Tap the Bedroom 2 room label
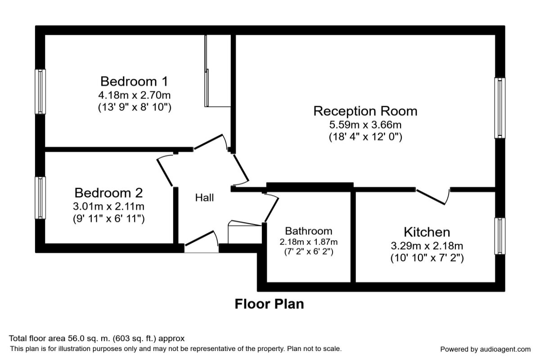(x=108, y=193)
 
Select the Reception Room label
(x=365, y=111)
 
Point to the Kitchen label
(x=427, y=232)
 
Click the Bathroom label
(x=309, y=231)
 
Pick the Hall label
(x=204, y=198)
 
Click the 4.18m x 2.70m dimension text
(x=134, y=95)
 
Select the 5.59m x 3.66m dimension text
(x=365, y=124)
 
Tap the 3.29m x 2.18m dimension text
(x=427, y=246)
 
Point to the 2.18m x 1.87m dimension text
(x=309, y=242)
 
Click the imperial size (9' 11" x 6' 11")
(x=108, y=219)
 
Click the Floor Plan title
(x=269, y=304)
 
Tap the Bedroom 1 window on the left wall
(x=41, y=91)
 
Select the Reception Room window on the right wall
(x=499, y=108)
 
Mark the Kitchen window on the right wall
(x=499, y=235)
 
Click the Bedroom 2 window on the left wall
(x=41, y=198)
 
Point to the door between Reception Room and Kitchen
(x=433, y=196)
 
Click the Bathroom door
(x=271, y=207)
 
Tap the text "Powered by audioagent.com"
(x=485, y=349)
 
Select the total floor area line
(x=97, y=338)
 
